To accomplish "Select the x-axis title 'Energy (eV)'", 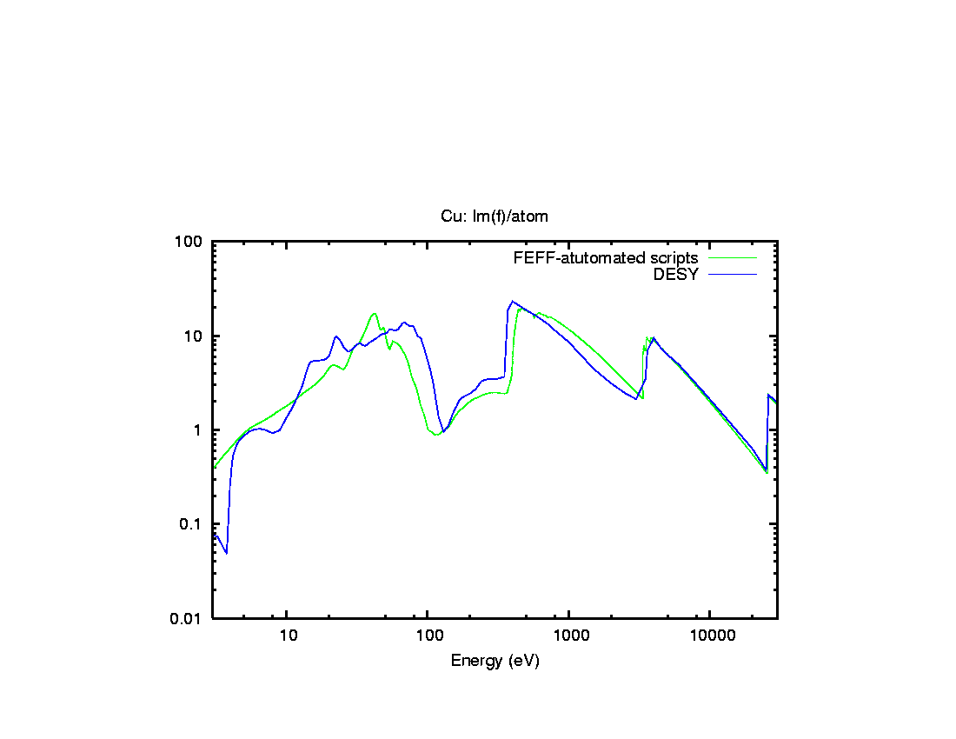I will [495, 661].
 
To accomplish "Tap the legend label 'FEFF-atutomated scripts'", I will [606, 258].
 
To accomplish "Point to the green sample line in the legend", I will [733, 258].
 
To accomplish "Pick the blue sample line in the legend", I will [733, 275].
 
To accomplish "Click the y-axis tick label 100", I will [191, 242].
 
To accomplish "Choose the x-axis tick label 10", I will [288, 636].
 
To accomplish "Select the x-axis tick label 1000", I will [569, 636].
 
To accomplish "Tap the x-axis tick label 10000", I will [710, 636].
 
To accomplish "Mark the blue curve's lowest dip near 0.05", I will [226, 553].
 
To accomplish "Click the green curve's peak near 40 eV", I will [374, 314].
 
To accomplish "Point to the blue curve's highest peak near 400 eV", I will [513, 302].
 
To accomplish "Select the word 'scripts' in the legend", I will [674, 258].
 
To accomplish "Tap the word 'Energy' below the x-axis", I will [475, 661].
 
